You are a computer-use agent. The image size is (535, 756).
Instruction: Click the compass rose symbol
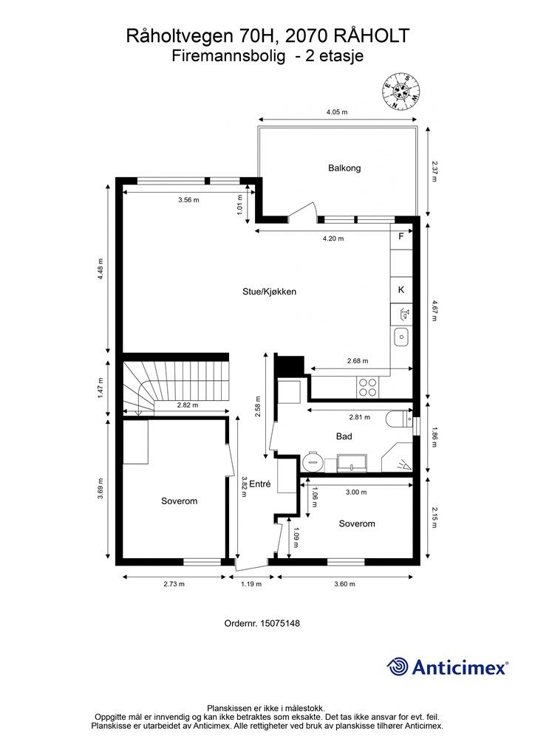(x=401, y=91)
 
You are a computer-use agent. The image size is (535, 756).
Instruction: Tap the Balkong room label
(x=344, y=168)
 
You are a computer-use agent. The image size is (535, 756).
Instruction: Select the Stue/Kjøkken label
(x=270, y=292)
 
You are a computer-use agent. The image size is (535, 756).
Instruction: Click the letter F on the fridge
(x=401, y=237)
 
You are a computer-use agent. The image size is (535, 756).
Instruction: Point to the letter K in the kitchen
(x=401, y=290)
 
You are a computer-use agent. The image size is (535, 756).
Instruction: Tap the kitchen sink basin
(x=401, y=337)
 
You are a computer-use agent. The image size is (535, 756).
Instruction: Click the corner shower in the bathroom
(x=398, y=458)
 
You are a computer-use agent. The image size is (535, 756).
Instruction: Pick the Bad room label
(x=344, y=436)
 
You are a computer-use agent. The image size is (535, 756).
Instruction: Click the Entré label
(x=260, y=485)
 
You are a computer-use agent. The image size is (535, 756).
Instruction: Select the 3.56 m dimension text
(x=188, y=200)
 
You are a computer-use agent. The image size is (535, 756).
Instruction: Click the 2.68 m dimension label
(x=357, y=361)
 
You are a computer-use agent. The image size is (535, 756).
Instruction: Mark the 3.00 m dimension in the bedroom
(x=356, y=492)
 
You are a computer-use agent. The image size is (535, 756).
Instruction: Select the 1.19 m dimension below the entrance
(x=252, y=584)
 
